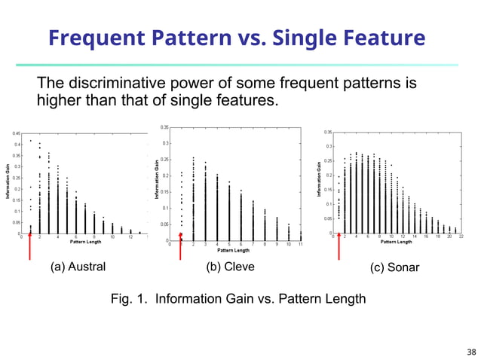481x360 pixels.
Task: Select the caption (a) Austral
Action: click(x=78, y=267)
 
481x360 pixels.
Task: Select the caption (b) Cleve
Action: click(x=230, y=267)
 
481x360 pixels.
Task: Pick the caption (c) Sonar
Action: click(x=393, y=267)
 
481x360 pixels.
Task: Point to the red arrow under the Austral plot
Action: click(x=30, y=246)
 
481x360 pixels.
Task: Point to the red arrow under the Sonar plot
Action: click(x=339, y=246)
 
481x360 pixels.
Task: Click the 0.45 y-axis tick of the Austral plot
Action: click(x=16, y=133)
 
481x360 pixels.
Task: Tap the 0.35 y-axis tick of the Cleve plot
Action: click(x=164, y=128)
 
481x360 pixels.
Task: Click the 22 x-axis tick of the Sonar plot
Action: click(x=461, y=236)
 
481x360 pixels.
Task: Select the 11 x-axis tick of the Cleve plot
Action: click(x=300, y=244)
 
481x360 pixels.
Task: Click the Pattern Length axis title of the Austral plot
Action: click(x=84, y=242)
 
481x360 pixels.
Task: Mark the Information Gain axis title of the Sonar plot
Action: click(x=320, y=181)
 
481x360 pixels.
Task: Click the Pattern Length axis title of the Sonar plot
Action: click(x=396, y=242)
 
